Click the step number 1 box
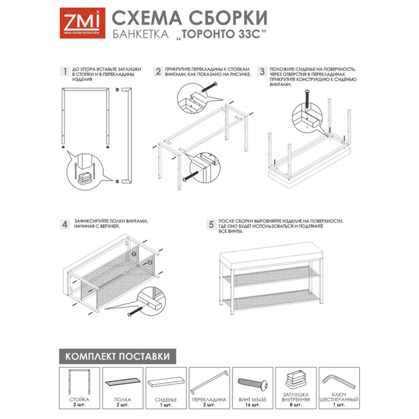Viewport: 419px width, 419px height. pos(65,71)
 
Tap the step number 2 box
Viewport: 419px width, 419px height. pos(158,71)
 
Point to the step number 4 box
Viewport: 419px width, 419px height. pos(65,224)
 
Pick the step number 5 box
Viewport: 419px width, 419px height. pos(211,224)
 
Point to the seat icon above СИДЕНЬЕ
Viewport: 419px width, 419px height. pos(165,383)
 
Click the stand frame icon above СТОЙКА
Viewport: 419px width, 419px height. pos(78,382)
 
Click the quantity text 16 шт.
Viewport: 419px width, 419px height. pos(253,404)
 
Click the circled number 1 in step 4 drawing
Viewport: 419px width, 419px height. pos(134,254)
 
